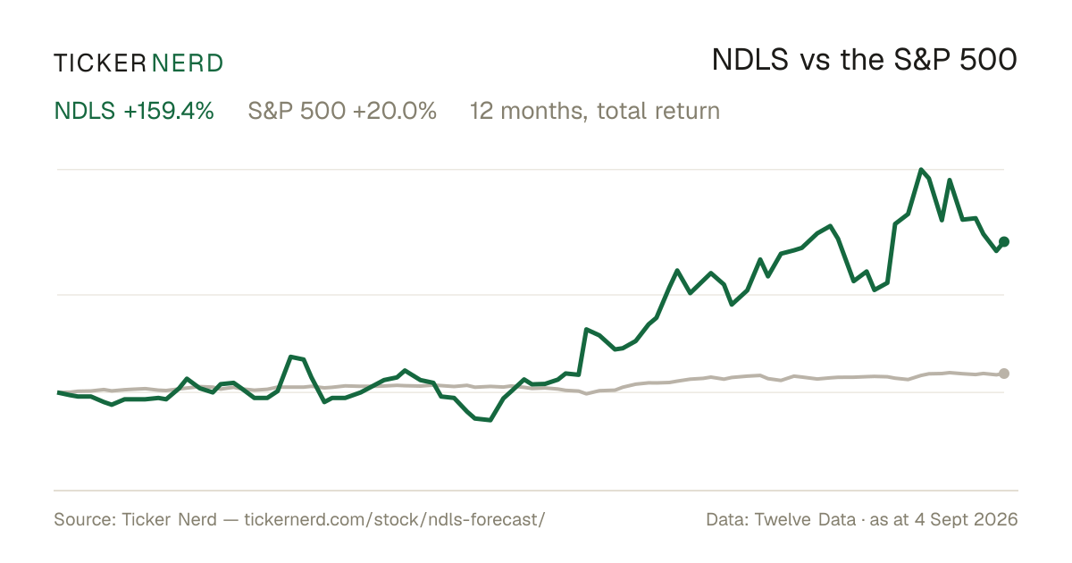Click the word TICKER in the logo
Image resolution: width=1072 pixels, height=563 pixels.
(100, 63)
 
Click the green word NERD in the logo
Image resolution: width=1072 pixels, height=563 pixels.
(188, 63)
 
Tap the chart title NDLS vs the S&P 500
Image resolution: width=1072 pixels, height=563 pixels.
(865, 60)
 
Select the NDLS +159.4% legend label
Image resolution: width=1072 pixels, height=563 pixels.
(134, 111)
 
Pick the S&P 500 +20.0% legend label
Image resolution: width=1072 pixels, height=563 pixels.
(342, 111)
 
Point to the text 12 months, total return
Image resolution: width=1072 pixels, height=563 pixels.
(595, 112)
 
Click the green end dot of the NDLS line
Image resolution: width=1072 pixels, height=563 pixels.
(1004, 242)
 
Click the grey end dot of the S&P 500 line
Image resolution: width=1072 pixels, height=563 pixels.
(1004, 374)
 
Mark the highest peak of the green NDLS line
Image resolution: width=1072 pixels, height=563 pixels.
(921, 170)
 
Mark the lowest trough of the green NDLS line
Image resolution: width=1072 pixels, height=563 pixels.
(490, 420)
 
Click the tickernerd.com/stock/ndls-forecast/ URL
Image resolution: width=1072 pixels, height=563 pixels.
(395, 519)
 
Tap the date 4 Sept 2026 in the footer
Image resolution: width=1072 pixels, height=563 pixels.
(967, 519)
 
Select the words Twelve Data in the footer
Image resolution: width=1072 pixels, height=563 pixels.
(805, 519)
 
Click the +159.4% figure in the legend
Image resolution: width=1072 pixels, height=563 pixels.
(169, 111)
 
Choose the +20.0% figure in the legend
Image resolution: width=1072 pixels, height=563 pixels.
(395, 111)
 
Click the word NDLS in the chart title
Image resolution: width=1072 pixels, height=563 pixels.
(750, 60)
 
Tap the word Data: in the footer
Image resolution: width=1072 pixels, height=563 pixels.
(727, 519)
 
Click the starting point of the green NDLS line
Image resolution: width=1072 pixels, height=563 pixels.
(58, 392)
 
